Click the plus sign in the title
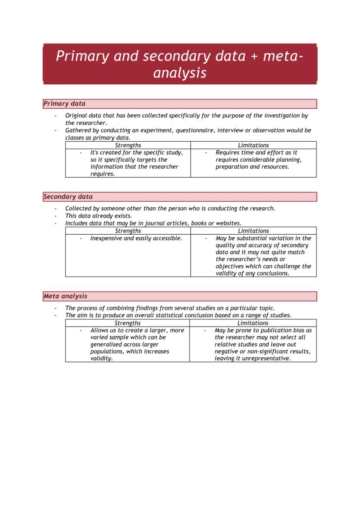254,57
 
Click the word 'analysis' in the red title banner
180,73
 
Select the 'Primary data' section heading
64,103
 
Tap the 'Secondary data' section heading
68,196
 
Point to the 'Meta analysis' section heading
65,296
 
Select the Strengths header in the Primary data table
128,145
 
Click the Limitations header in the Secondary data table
253,231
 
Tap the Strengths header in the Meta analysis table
127,323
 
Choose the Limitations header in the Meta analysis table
253,323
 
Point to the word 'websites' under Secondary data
228,223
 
